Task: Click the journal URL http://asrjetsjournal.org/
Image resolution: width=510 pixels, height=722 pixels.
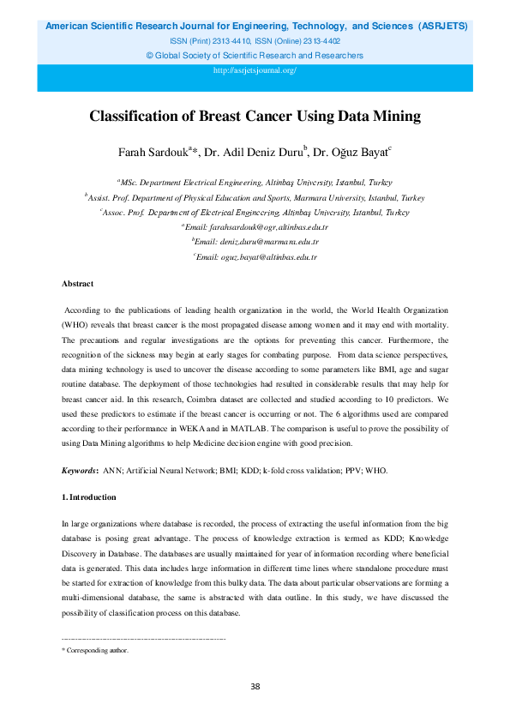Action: tap(255, 70)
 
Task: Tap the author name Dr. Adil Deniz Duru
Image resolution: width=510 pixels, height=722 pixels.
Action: tap(257, 153)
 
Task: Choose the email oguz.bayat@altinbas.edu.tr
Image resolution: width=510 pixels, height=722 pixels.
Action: tap(259, 256)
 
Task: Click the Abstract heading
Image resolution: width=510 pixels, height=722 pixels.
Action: tap(77, 283)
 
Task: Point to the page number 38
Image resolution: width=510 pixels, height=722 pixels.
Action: tap(255, 686)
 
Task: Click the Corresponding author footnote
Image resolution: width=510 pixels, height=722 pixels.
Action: tap(96, 651)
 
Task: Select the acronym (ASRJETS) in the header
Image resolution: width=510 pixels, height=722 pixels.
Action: tap(442, 27)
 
